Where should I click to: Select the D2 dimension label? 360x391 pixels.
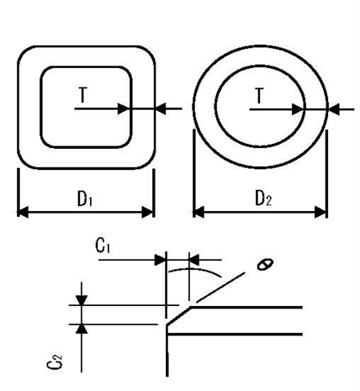262,198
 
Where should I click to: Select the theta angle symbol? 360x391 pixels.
263,263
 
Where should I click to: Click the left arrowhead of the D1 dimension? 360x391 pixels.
23,212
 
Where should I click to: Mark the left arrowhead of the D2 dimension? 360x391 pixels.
198,212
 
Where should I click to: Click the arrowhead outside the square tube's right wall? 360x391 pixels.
160,107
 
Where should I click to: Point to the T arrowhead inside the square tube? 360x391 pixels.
124,107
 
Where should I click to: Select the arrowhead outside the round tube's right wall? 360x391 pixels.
332,107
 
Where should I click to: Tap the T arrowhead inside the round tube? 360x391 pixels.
299,107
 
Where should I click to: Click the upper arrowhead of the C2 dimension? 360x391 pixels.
81,300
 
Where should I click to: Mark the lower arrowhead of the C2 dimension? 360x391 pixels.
81,329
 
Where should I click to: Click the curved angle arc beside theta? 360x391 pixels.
209,267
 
